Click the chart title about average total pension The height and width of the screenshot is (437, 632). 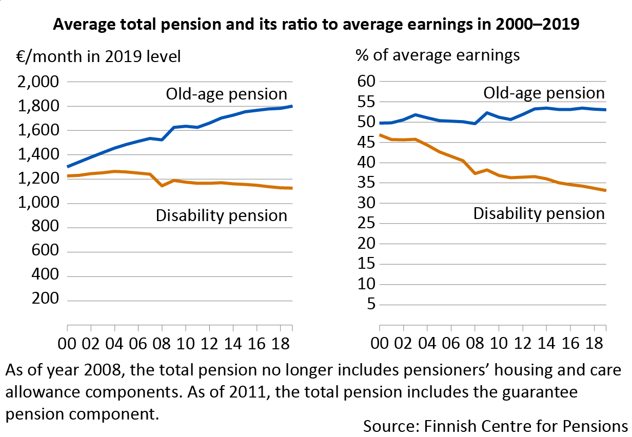[x=316, y=25]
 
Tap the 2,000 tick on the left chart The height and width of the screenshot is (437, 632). [x=38, y=82]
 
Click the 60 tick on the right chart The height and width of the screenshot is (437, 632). [x=365, y=82]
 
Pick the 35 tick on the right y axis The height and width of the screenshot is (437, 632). [x=365, y=183]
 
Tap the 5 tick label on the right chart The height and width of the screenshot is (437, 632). [x=370, y=305]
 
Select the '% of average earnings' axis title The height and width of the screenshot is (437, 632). [x=437, y=55]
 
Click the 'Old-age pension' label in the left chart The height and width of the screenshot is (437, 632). [x=226, y=94]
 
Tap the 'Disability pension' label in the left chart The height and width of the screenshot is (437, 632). [x=221, y=215]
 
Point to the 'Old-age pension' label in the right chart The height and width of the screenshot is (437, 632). [x=544, y=93]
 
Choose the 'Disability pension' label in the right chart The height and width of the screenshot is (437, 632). [x=539, y=213]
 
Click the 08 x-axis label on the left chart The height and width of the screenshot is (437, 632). [x=162, y=344]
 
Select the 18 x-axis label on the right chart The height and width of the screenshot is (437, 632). [x=595, y=344]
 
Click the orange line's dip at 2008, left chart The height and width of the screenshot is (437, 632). [x=162, y=185]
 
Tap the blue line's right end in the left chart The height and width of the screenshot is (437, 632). [x=292, y=106]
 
